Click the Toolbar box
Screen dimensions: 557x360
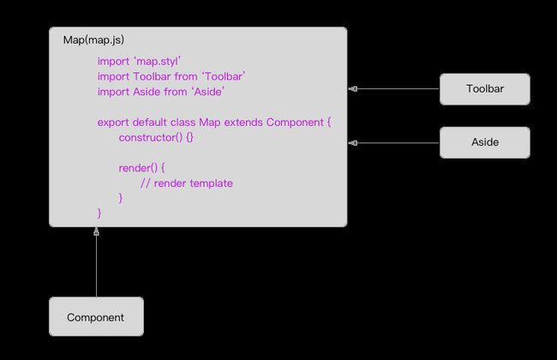point(485,89)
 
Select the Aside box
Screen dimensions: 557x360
point(485,142)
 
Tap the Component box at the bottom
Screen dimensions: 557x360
point(96,316)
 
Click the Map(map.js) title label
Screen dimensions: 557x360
point(93,39)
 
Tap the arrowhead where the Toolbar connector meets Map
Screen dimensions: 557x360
point(353,89)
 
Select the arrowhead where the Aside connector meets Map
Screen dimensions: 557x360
point(353,143)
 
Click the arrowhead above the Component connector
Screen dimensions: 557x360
point(96,231)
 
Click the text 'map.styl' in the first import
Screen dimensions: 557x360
point(158,61)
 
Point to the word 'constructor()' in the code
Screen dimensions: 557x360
point(151,137)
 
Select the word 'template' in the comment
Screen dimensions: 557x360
point(211,183)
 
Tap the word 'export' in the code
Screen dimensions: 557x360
point(113,123)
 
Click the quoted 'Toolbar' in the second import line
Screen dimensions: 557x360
point(224,76)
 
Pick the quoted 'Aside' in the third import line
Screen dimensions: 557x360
point(208,92)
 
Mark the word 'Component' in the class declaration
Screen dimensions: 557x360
point(295,123)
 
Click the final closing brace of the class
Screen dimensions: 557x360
point(99,213)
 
